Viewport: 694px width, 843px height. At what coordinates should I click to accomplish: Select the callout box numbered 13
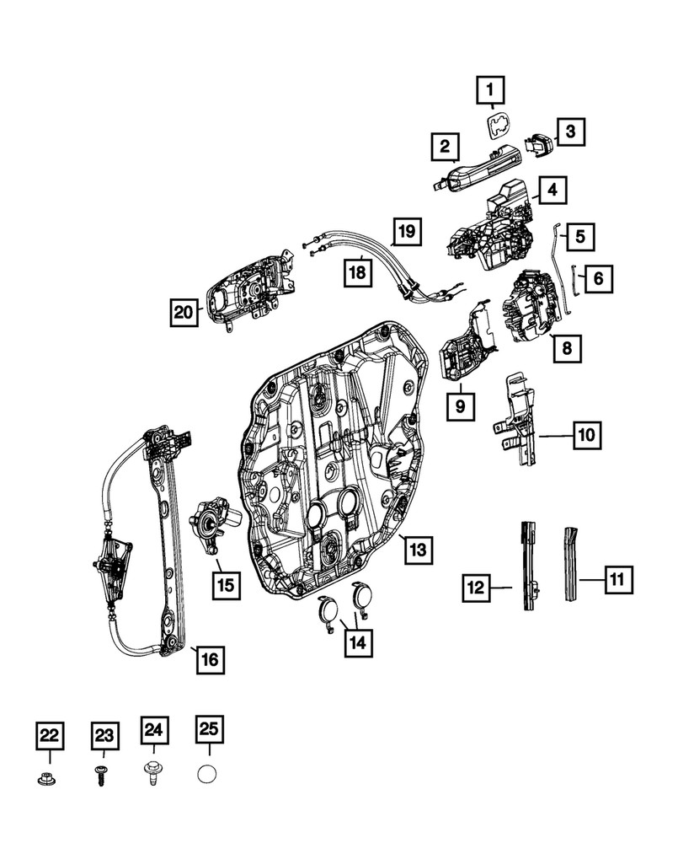pyautogui.click(x=418, y=550)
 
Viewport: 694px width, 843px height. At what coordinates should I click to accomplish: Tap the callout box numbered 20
pyautogui.click(x=181, y=313)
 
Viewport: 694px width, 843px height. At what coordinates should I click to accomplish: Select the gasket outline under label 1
pyautogui.click(x=499, y=126)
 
